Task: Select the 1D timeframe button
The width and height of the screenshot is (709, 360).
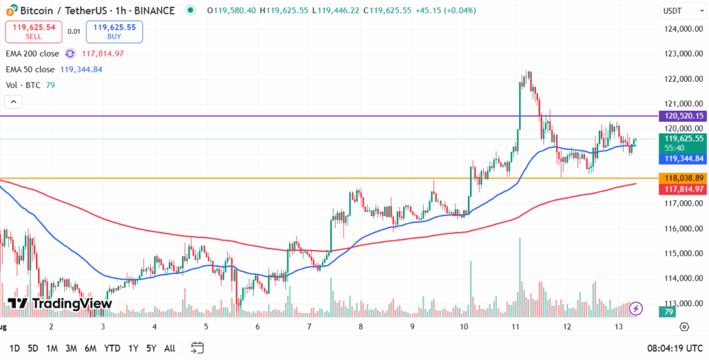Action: tap(14, 348)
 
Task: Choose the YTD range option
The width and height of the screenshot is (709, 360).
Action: tap(111, 348)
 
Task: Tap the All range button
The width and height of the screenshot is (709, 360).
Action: tap(169, 348)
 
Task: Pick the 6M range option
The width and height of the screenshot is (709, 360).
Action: tap(89, 348)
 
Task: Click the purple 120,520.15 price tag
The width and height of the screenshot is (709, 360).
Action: tap(683, 116)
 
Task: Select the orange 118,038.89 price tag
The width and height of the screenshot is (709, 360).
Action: tap(683, 178)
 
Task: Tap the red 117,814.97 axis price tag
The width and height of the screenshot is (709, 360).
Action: tap(683, 189)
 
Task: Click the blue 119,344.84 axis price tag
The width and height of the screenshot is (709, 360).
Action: tap(683, 159)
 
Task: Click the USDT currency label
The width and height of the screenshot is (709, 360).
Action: tap(673, 11)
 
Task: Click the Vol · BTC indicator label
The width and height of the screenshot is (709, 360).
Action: tap(24, 85)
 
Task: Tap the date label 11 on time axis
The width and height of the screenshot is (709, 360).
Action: tap(515, 326)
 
